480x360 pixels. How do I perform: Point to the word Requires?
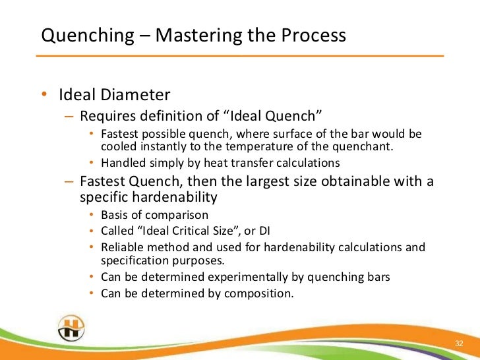tap(105, 117)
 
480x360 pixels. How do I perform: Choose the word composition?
tap(258, 293)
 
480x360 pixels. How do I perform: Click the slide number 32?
tap(460, 344)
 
